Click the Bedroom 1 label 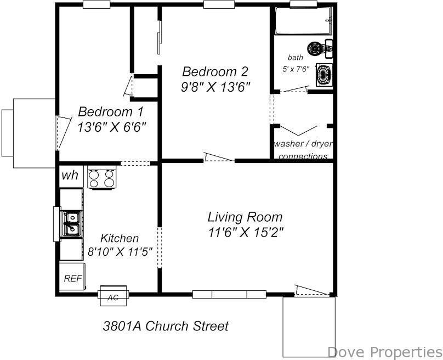click(x=105, y=112)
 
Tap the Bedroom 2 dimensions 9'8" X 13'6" click(x=215, y=87)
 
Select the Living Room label click(x=245, y=217)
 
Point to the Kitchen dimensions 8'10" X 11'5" click(x=120, y=252)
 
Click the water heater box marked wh click(x=70, y=176)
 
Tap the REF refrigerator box click(x=72, y=278)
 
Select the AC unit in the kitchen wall click(x=113, y=297)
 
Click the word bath click(x=295, y=58)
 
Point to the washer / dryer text click(x=303, y=144)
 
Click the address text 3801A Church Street click(x=166, y=326)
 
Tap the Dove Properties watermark click(x=384, y=351)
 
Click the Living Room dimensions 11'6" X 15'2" click(x=246, y=232)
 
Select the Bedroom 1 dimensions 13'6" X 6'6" click(x=112, y=127)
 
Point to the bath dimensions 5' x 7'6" click(x=296, y=69)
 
